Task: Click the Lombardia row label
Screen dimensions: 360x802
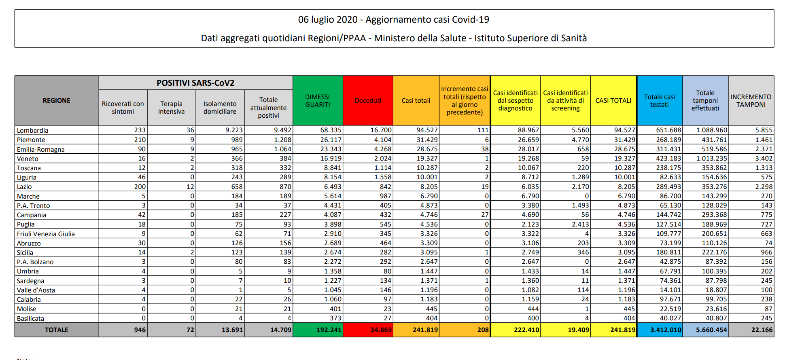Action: pos(32,130)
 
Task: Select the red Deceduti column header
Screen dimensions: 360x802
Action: pos(368,100)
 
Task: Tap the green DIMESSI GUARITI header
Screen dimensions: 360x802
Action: pos(318,100)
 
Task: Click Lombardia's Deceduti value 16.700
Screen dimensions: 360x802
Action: pos(381,130)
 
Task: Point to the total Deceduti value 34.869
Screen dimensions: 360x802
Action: pos(381,330)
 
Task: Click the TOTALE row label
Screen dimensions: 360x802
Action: pos(57,330)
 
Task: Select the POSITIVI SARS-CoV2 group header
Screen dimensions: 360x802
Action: pos(195,83)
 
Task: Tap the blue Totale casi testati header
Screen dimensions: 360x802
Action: pos(660,100)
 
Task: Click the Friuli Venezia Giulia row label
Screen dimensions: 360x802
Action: pos(46,234)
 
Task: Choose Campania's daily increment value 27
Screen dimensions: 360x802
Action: pos(485,215)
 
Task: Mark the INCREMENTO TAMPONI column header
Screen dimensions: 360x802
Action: pos(751,100)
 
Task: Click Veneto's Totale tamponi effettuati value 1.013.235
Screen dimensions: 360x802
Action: pos(711,159)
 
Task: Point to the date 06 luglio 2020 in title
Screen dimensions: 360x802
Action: pos(328,19)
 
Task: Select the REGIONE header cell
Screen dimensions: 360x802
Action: pos(57,100)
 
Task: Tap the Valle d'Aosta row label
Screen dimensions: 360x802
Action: pos(36,290)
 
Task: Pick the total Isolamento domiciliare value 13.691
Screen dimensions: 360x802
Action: pos(232,330)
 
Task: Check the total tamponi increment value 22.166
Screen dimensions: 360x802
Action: pos(762,330)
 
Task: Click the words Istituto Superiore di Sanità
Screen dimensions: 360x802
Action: pos(530,38)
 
